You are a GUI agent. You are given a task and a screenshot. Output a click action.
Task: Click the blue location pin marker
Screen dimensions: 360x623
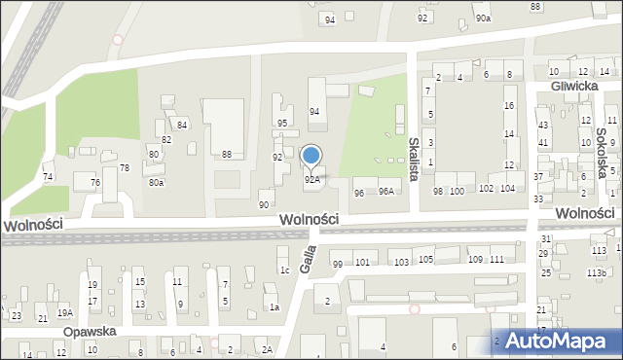coord(311,156)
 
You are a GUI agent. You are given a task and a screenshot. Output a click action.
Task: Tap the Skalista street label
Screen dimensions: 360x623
coord(414,161)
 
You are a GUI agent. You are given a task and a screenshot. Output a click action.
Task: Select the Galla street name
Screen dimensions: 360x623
coord(311,255)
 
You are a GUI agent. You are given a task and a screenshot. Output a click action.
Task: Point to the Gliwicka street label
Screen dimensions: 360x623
coord(573,86)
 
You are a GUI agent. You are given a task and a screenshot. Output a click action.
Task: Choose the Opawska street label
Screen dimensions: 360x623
coord(91,331)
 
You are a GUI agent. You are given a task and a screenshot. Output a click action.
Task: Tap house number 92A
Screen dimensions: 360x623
coord(311,179)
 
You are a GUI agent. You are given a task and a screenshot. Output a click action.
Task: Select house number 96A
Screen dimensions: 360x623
coord(385,192)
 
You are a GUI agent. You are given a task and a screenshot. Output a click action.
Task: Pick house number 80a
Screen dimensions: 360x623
coord(155,182)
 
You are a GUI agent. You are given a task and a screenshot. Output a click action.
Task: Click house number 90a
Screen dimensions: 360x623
coord(483,18)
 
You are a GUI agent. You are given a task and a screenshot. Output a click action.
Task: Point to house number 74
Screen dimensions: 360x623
coord(48,176)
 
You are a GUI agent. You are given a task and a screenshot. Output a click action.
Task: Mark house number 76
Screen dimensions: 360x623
coord(94,183)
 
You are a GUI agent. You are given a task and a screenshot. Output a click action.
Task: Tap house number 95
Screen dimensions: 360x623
coord(282,124)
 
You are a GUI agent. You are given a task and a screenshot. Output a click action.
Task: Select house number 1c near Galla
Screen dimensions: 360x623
coord(284,270)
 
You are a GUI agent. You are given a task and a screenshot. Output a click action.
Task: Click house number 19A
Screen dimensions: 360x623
coord(64,312)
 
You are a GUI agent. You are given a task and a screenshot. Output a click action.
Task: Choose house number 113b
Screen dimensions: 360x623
coord(596,273)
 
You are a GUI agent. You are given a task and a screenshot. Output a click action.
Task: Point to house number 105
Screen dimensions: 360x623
coord(425,259)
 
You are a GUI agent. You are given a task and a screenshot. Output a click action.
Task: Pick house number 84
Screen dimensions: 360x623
coord(182,125)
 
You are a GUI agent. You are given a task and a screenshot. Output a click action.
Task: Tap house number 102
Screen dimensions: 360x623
coord(486,189)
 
